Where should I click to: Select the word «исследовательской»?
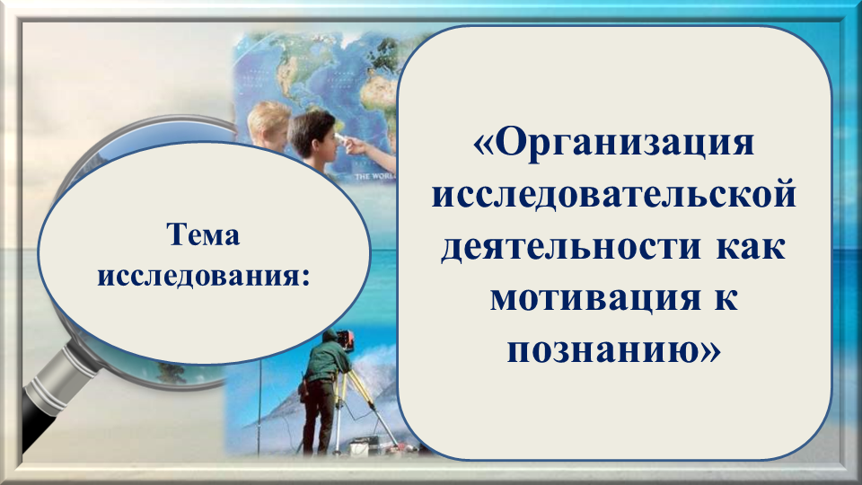tap(614, 195)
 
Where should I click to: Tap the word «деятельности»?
tap(571, 248)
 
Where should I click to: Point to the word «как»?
tap(751, 248)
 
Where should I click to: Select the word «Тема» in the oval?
tap(204, 235)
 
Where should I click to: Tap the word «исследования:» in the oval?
tap(204, 276)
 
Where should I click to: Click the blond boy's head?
tap(268, 124)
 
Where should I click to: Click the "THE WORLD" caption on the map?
tap(374, 177)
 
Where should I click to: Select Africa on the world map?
tap(379, 99)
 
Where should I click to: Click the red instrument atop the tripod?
tap(344, 339)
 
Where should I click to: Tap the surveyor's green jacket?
tap(327, 358)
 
